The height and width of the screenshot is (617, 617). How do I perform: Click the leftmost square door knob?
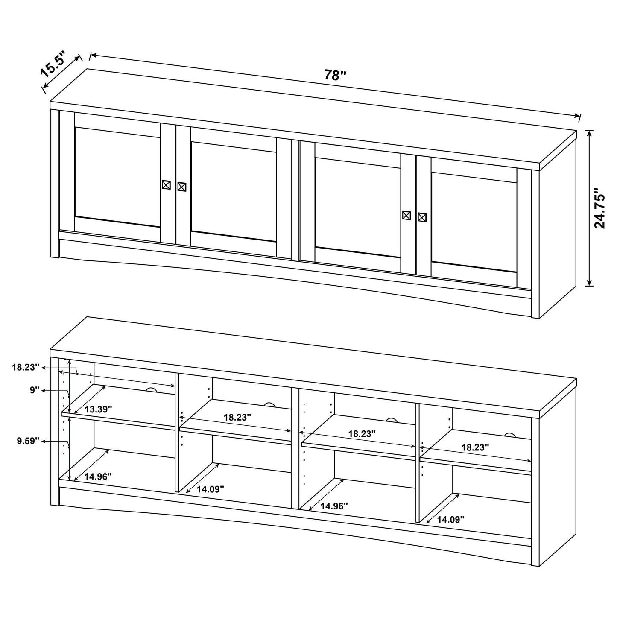[166, 185]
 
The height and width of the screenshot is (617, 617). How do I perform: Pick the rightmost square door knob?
[422, 217]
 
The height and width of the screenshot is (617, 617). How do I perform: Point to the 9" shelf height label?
[35, 390]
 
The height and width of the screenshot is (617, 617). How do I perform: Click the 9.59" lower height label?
[28, 441]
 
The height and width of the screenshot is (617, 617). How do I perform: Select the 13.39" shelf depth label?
[98, 409]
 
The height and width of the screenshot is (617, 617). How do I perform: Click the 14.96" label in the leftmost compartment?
[98, 477]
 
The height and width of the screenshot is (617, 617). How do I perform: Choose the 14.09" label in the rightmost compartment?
[450, 519]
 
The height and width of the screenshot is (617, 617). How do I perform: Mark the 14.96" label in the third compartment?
[334, 506]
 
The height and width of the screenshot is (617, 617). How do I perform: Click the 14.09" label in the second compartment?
[211, 489]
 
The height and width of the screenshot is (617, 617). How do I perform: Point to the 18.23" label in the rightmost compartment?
[475, 447]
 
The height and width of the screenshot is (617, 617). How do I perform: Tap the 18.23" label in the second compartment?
[237, 417]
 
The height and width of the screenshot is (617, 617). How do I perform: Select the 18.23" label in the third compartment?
[362, 433]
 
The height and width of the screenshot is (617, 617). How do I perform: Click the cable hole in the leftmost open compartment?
[151, 390]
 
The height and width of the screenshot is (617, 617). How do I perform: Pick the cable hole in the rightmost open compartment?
[509, 436]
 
